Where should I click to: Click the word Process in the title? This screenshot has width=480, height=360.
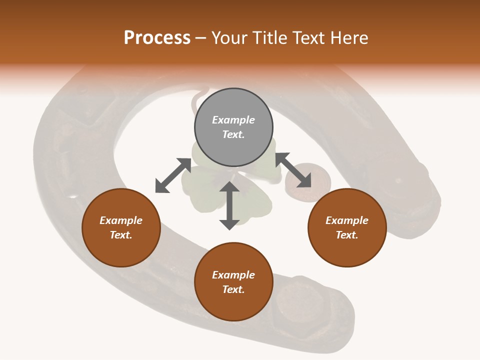pyautogui.click(x=157, y=38)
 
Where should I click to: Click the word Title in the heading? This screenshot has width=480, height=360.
pyautogui.click(x=271, y=38)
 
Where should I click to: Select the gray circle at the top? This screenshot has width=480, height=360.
pyautogui.click(x=233, y=127)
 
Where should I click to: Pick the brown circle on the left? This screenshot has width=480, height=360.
pyautogui.click(x=121, y=227)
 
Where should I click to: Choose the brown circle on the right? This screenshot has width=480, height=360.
pyautogui.click(x=347, y=227)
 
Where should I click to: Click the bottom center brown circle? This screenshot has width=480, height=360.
pyautogui.click(x=233, y=282)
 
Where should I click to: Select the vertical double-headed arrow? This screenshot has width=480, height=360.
pyautogui.click(x=229, y=205)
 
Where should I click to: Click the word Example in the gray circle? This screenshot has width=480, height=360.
pyautogui.click(x=233, y=120)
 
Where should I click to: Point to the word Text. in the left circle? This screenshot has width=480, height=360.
pyautogui.click(x=121, y=235)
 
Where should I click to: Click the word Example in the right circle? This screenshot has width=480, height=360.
pyautogui.click(x=347, y=220)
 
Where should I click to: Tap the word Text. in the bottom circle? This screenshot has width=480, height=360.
pyautogui.click(x=233, y=289)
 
